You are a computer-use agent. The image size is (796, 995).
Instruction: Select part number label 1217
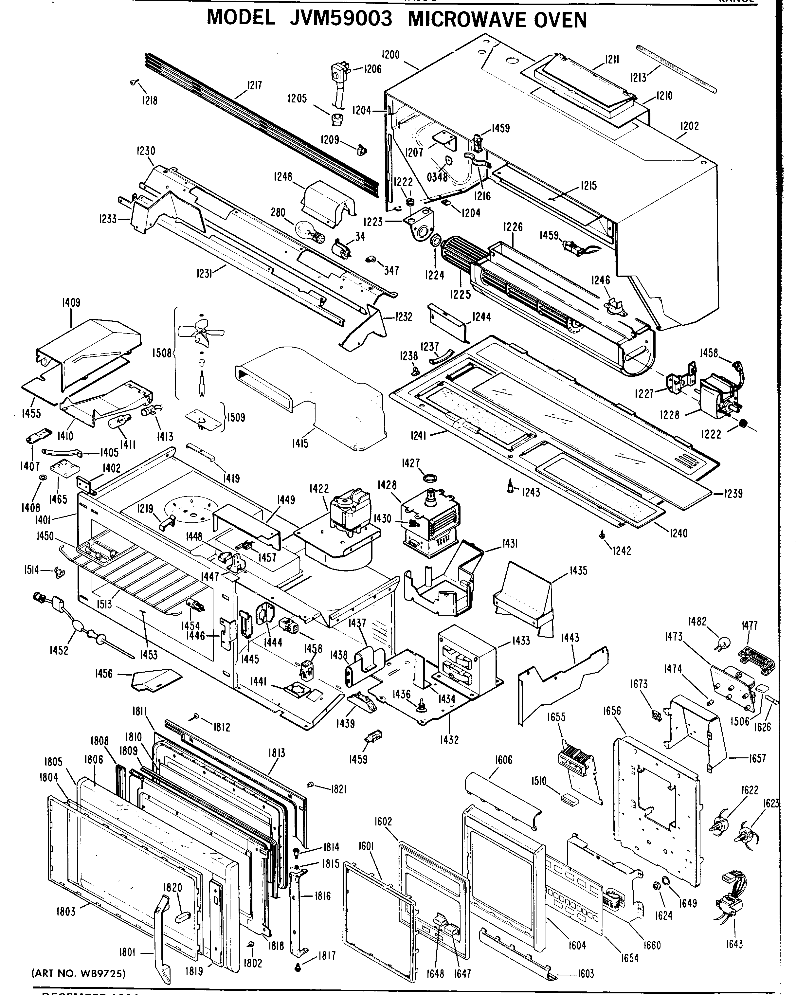coord(254,85)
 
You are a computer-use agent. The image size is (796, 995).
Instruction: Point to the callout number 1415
coord(300,443)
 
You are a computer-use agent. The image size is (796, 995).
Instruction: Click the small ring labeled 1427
coord(430,477)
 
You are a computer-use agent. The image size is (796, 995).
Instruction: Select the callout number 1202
coord(689,126)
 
